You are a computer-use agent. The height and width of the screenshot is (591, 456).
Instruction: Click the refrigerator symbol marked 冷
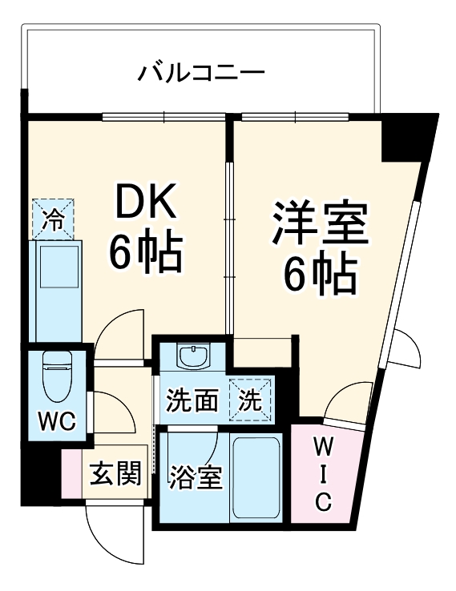click(x=53, y=219)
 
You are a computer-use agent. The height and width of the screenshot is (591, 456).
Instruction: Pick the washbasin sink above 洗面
click(x=192, y=356)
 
